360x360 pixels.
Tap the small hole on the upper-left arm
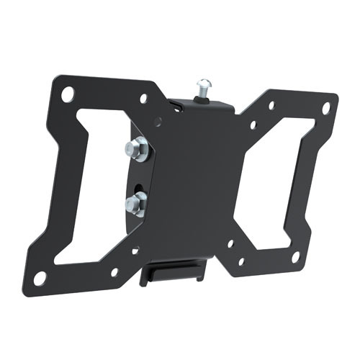143,98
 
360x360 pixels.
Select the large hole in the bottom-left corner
40,276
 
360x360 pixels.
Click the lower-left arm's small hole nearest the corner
114,272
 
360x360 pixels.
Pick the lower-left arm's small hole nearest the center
135,251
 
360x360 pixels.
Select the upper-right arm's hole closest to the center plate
253,125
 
